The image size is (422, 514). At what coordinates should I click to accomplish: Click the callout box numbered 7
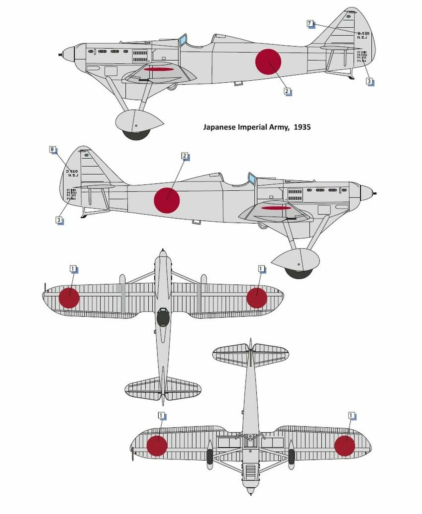coord(309,24)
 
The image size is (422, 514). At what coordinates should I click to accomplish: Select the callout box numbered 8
coord(52,150)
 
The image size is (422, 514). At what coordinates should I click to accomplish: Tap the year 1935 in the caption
coord(302,127)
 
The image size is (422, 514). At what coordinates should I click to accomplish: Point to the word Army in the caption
coord(279,127)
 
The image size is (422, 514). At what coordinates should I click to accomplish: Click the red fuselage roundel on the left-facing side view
coord(268,62)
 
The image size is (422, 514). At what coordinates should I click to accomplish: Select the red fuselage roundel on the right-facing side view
coord(167,200)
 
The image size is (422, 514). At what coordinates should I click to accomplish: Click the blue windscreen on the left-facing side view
coord(182,40)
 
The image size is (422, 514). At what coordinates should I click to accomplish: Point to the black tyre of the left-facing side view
coord(136,134)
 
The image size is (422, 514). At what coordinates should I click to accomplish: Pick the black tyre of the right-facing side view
coord(299,273)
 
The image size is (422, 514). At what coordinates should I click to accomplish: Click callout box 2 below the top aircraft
coord(287,91)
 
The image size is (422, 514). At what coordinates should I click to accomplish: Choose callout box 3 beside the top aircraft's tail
coord(369,81)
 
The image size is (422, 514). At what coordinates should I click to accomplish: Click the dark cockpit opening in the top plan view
coord(162,317)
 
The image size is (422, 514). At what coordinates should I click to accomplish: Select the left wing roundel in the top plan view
coord(69,298)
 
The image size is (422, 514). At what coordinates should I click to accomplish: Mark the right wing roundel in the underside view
coord(345,446)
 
